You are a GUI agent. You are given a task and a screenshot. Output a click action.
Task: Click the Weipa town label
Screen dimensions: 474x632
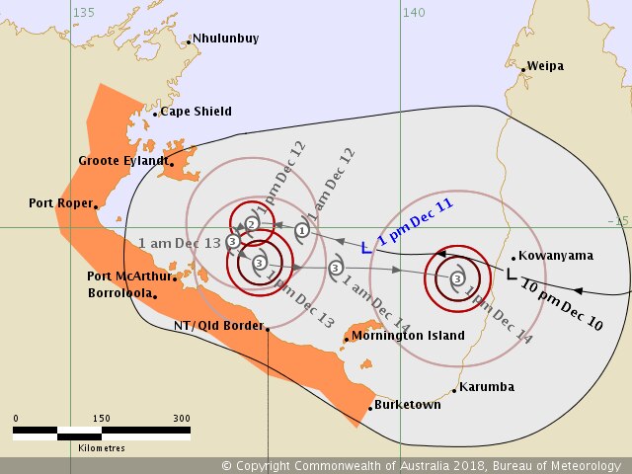(x=545, y=66)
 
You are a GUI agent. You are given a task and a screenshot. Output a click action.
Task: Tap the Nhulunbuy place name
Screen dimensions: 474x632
(x=226, y=39)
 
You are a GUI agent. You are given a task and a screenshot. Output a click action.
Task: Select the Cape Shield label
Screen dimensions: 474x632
(x=196, y=112)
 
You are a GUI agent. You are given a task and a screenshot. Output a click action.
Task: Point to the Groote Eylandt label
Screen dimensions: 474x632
(x=121, y=160)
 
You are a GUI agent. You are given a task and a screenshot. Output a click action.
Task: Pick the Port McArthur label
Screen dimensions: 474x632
(x=128, y=276)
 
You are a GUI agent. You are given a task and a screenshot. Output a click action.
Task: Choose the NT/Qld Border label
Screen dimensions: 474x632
(x=218, y=326)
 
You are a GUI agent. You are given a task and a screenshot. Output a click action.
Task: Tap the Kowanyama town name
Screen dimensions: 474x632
(x=556, y=256)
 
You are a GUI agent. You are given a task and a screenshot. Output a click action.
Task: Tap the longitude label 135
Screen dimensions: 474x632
(x=84, y=12)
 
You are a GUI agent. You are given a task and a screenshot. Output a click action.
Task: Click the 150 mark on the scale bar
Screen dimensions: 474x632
(x=101, y=419)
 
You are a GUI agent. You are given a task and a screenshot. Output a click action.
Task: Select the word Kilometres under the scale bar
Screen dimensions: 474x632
(x=101, y=448)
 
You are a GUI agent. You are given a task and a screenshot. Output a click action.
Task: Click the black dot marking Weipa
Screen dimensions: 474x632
(x=522, y=68)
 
